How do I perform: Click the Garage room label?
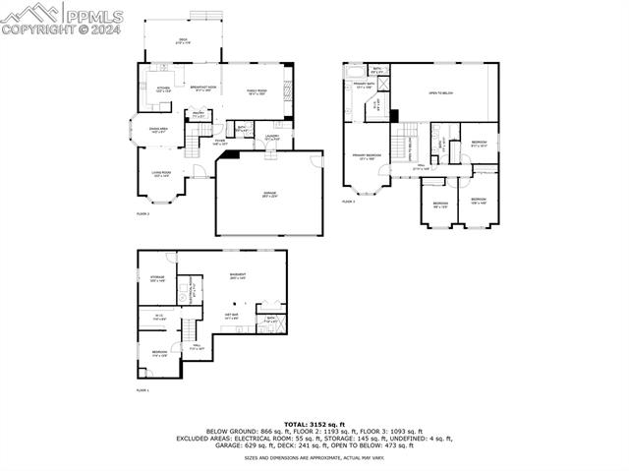tap(268, 194)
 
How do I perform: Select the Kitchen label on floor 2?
tap(164, 89)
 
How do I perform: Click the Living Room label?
tap(162, 174)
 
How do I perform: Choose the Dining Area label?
tap(158, 130)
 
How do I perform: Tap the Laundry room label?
tap(273, 139)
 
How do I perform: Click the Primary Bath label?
tap(363, 86)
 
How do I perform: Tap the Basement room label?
tap(237, 275)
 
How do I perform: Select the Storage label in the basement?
tap(157, 279)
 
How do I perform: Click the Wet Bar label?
tap(232, 317)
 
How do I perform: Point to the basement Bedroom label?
tap(159, 353)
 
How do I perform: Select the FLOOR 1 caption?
tap(143, 390)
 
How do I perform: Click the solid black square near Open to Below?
tap(394, 115)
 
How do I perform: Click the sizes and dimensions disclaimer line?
tap(314, 457)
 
